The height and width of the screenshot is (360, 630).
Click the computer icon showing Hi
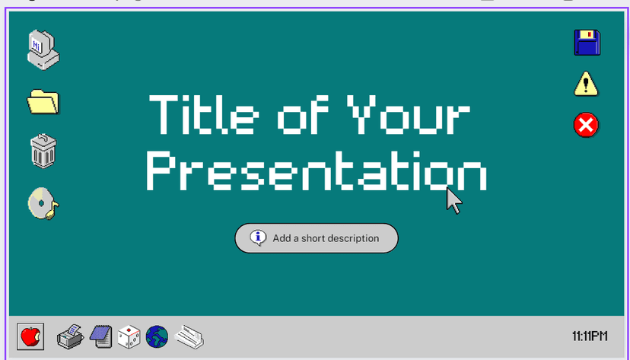click(43, 49)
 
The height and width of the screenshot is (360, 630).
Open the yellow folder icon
click(43, 102)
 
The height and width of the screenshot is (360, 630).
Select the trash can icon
click(43, 151)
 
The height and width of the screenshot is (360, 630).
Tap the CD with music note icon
click(43, 204)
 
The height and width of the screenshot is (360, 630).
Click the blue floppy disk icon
click(587, 42)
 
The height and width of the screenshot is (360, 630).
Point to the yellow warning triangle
click(586, 84)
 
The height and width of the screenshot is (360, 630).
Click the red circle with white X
click(586, 125)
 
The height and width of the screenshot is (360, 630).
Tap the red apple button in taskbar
click(30, 336)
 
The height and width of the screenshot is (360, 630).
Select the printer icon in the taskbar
click(70, 336)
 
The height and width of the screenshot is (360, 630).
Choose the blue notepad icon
click(101, 336)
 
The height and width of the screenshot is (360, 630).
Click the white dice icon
click(129, 336)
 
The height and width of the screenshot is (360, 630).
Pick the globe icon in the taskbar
click(157, 336)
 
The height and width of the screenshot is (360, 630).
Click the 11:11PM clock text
click(590, 336)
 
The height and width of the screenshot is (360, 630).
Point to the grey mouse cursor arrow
click(454, 201)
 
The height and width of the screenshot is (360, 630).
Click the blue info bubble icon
click(258, 238)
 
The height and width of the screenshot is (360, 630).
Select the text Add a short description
click(326, 238)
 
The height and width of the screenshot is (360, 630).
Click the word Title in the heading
click(204, 114)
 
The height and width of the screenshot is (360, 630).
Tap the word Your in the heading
click(409, 114)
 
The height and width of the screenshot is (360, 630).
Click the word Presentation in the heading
click(317, 170)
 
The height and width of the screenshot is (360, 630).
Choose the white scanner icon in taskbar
click(189, 336)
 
